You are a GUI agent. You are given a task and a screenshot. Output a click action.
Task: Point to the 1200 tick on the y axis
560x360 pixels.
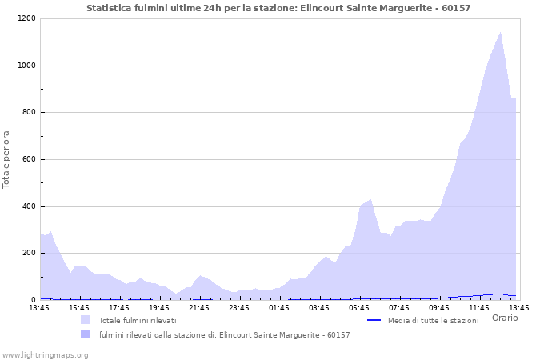coord(26,18)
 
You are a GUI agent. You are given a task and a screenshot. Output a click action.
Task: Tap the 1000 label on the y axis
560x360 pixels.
coord(26,66)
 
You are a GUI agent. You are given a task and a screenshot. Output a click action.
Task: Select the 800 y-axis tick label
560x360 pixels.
coord(28,113)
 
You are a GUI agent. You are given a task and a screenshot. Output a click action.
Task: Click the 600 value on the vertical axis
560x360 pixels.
coord(28,159)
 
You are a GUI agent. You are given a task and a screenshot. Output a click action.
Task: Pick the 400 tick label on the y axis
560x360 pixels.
coord(28,206)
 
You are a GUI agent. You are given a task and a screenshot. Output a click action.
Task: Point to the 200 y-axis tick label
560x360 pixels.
coord(28,253)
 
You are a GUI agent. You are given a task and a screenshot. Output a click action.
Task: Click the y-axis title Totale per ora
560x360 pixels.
coord(7,159)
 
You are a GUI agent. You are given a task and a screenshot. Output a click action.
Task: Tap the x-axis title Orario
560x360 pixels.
coord(505,318)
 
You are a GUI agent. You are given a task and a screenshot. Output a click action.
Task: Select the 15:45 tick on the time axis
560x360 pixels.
coord(79,307)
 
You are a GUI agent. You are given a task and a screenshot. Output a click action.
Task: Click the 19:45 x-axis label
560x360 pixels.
coord(159,307)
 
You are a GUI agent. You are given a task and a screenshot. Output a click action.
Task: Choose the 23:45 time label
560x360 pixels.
coord(239,307)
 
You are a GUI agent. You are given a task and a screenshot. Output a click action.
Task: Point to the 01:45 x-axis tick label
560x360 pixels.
coord(279,307)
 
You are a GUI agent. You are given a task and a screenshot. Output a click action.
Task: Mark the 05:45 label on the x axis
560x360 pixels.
coord(359,307)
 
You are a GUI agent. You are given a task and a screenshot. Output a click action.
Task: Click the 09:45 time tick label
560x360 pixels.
coord(439,307)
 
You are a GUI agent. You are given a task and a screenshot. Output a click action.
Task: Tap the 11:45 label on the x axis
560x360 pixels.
coord(479,307)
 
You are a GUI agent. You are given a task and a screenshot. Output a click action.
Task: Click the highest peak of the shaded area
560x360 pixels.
coord(501,33)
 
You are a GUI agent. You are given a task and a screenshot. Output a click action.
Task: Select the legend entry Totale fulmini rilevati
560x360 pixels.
coord(138,321)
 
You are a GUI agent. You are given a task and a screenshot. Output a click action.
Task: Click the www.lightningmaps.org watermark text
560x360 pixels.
coord(45,354)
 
